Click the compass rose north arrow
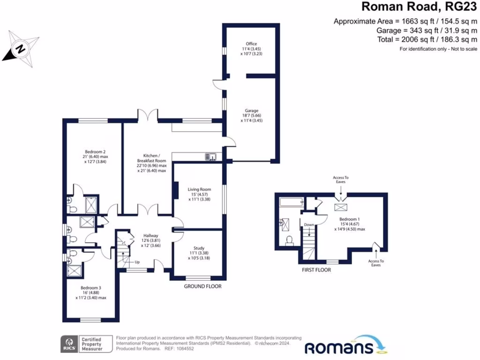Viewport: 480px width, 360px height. point(19,47)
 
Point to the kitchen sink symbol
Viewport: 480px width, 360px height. point(210,157)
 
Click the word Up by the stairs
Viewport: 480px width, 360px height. point(137,262)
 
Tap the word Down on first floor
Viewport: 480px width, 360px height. point(309,225)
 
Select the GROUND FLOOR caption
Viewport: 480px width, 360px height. point(202,286)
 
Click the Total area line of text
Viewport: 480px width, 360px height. point(427,40)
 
